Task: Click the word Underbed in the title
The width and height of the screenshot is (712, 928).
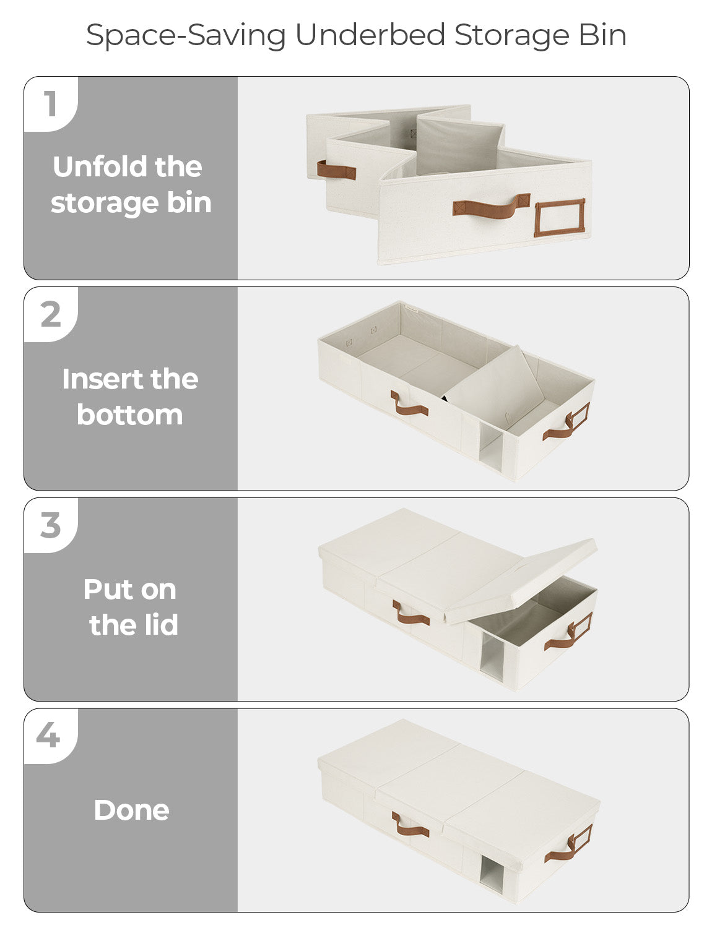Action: click(370, 35)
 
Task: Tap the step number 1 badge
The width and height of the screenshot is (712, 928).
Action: click(50, 103)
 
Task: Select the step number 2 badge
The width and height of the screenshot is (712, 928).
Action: click(51, 314)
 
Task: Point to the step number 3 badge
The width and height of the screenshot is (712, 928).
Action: click(51, 525)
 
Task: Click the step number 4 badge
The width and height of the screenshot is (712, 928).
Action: click(48, 736)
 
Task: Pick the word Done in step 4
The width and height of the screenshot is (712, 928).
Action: click(131, 810)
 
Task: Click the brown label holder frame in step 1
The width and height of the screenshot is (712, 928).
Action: click(559, 217)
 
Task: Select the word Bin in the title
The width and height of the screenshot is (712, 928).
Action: click(602, 35)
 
